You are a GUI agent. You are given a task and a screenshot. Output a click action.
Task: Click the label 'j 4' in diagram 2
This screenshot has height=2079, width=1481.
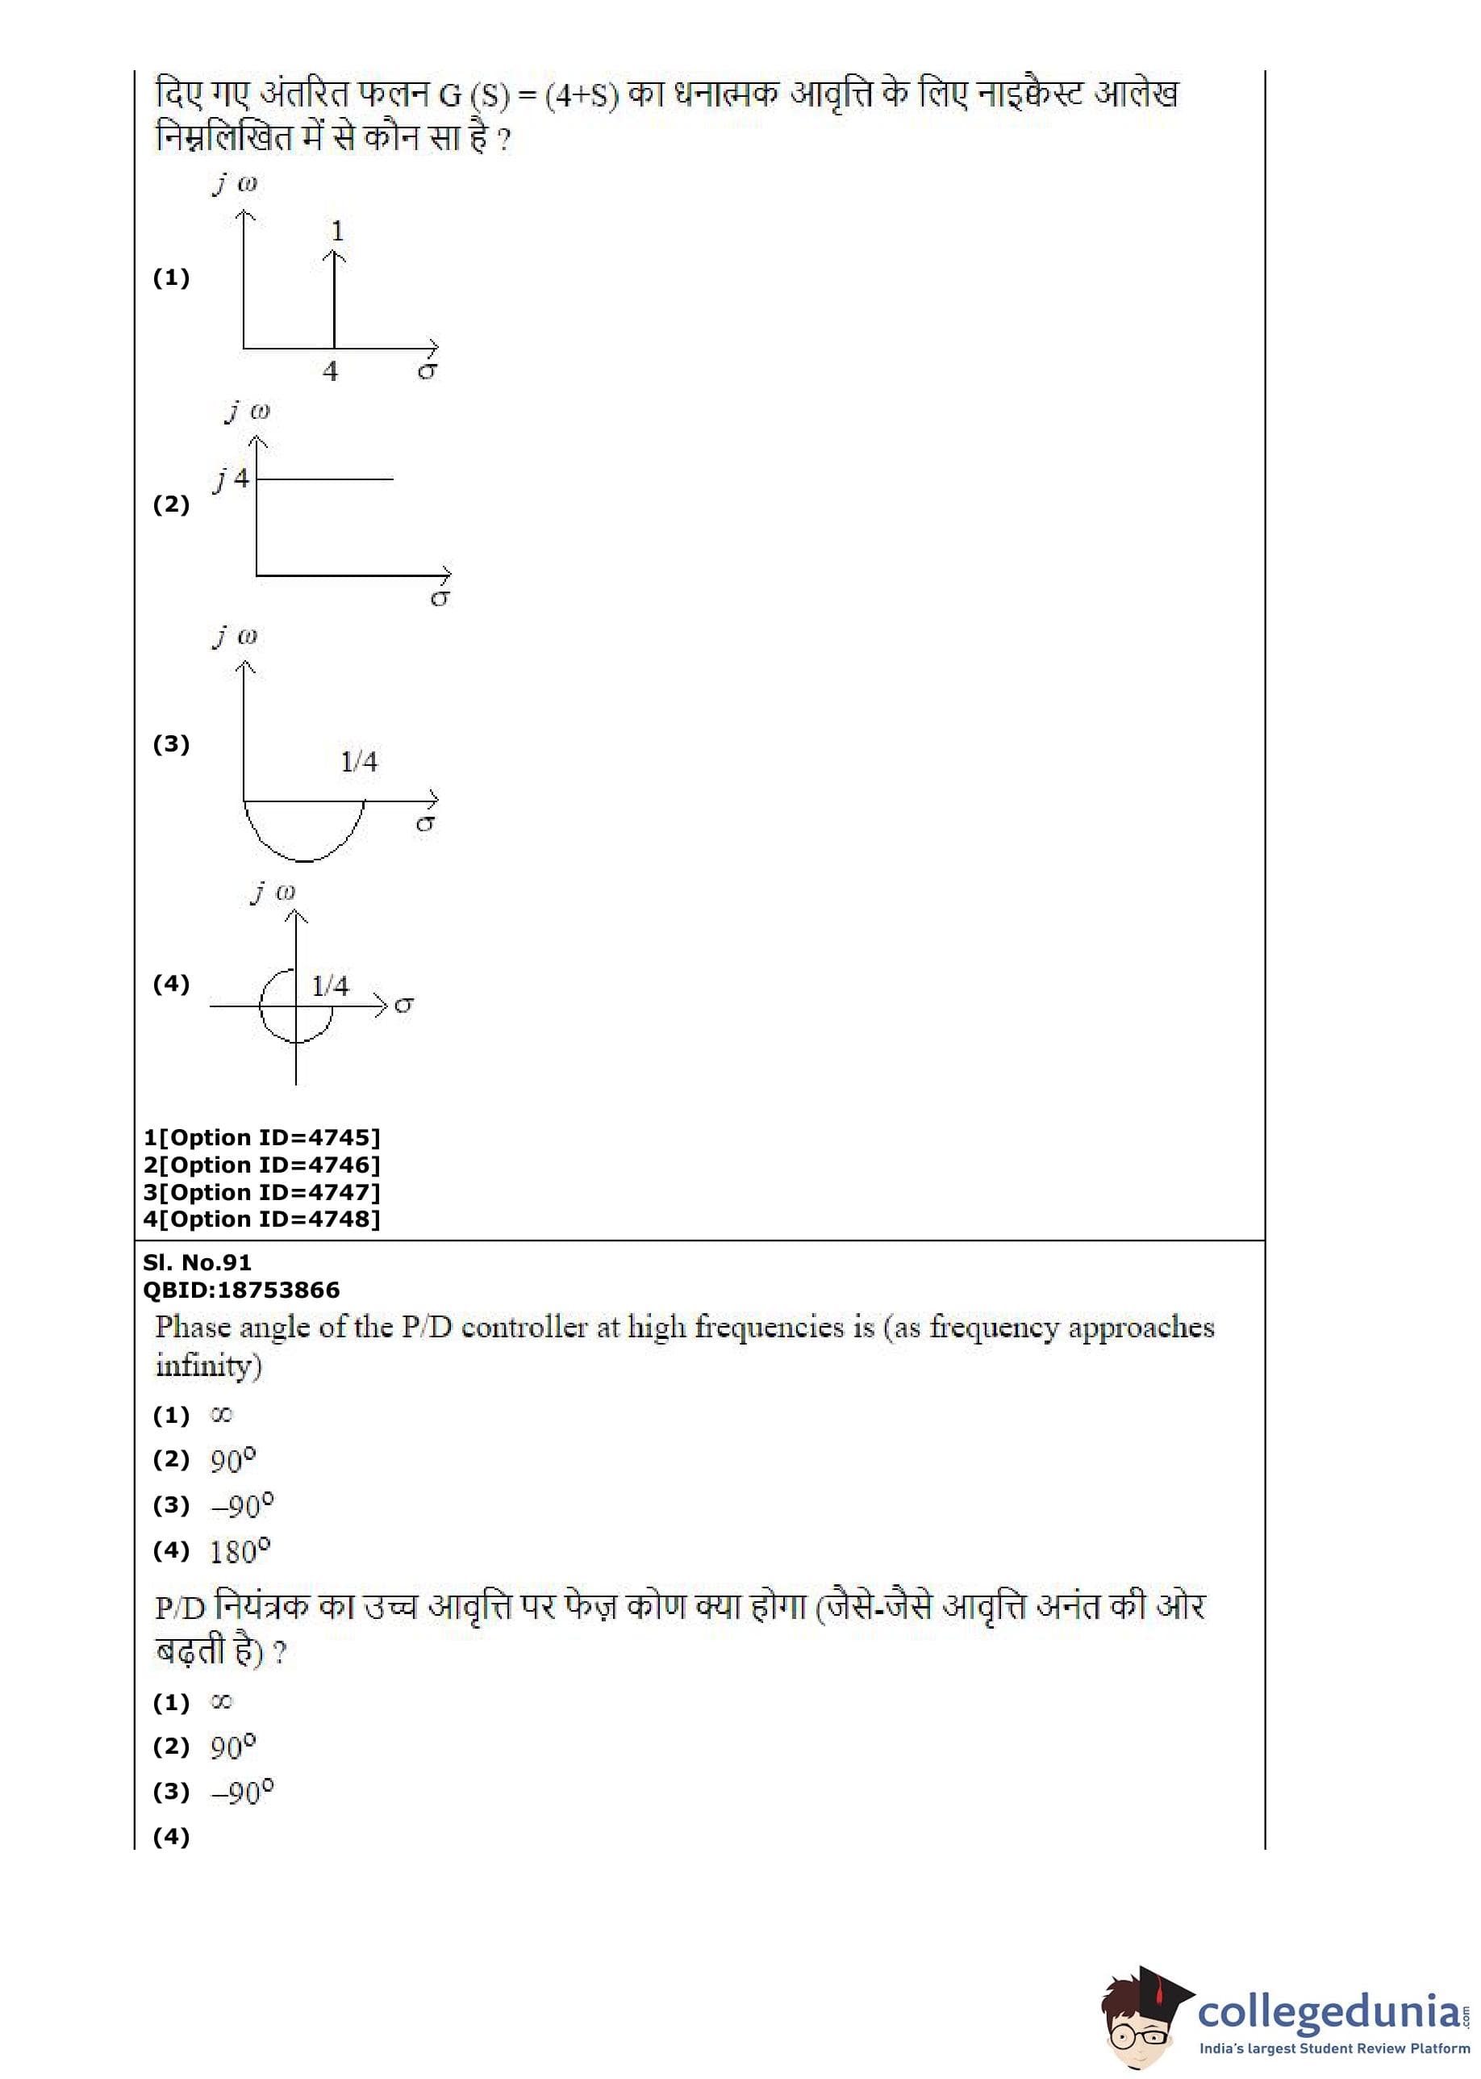232,478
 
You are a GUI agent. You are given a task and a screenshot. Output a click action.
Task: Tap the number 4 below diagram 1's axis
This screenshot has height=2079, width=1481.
330,371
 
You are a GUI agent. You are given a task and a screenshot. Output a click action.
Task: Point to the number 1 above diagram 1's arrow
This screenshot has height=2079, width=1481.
337,231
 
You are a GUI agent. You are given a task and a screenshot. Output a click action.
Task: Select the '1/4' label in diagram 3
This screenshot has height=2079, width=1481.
358,761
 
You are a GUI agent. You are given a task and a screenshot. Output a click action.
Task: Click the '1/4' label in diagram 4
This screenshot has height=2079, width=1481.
330,985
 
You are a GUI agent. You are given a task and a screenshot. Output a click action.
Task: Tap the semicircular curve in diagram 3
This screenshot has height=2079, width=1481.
303,859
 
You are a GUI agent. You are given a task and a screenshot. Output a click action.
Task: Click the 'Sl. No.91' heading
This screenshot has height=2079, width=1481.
197,1262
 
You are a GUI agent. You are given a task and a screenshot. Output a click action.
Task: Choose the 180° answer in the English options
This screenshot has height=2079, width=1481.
240,1551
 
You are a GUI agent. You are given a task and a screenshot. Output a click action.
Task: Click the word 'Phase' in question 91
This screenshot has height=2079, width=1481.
193,1328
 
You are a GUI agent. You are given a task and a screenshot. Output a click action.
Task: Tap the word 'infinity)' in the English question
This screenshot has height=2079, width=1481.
209,1366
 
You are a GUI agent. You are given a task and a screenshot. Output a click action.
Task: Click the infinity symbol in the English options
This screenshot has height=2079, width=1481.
221,1415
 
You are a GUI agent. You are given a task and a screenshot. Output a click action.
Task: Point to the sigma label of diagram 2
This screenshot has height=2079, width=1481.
440,598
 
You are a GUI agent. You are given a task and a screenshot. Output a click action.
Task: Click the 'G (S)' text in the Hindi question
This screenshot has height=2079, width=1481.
474,95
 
